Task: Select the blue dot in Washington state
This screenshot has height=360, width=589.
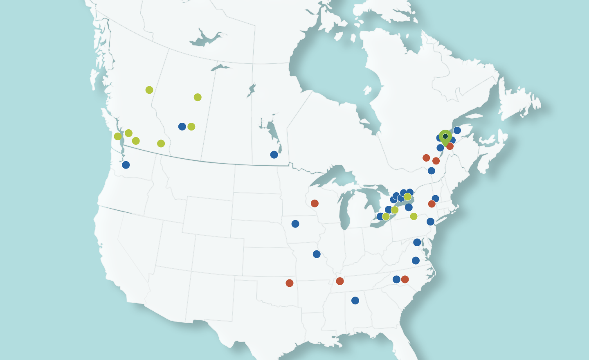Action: click(126, 165)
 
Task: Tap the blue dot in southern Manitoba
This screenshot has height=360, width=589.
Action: click(274, 155)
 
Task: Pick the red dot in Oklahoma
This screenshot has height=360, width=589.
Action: click(290, 283)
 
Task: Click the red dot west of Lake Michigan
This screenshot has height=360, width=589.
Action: click(315, 203)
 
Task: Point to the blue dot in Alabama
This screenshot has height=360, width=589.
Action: click(355, 301)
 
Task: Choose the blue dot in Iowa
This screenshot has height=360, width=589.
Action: click(295, 224)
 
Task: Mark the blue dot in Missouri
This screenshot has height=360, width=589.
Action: click(317, 254)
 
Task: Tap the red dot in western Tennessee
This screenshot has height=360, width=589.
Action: click(340, 281)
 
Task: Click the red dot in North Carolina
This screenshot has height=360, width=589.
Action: click(405, 279)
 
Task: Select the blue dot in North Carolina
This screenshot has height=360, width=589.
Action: click(396, 279)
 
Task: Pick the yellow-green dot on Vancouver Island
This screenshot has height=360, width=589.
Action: click(118, 136)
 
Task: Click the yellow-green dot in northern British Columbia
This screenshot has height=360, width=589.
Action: click(149, 90)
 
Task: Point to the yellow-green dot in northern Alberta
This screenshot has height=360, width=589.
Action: click(198, 97)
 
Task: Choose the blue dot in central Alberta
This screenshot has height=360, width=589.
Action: click(182, 126)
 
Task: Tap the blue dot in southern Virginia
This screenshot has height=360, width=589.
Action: click(416, 261)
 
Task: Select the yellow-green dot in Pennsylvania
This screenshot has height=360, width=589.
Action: click(414, 216)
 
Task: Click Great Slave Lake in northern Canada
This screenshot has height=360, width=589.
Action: click(207, 39)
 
